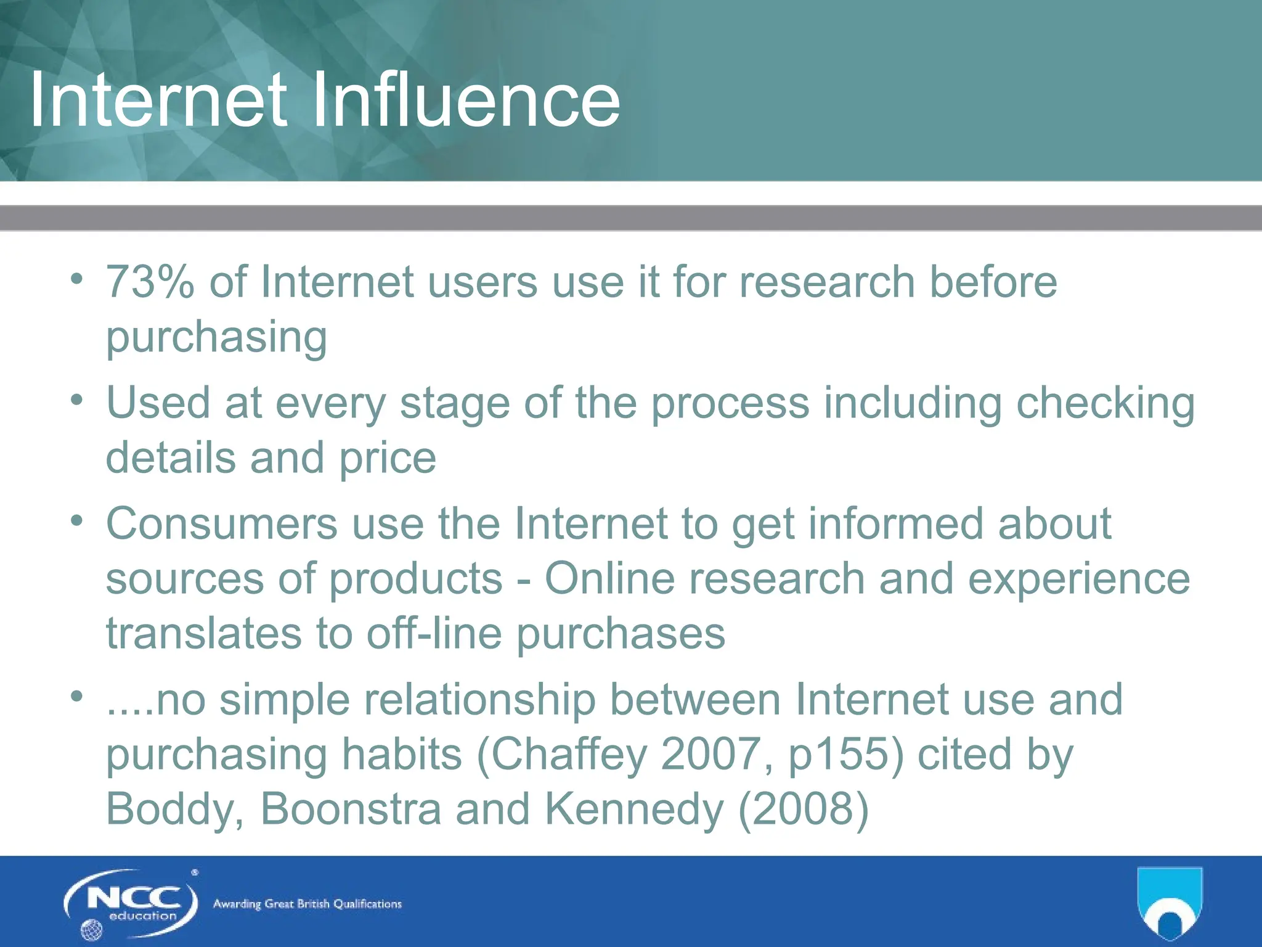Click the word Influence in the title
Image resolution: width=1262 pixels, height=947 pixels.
click(x=466, y=100)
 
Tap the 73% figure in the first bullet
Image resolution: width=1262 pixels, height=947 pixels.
click(x=150, y=282)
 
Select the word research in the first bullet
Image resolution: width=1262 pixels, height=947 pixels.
click(x=827, y=282)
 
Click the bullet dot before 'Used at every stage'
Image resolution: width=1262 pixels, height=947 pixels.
click(x=76, y=401)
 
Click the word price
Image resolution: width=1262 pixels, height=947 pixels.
click(x=388, y=459)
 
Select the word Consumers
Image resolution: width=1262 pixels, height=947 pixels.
click(x=221, y=524)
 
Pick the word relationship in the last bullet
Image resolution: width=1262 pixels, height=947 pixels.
click(x=479, y=700)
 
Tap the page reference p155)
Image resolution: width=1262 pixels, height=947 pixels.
click(x=846, y=755)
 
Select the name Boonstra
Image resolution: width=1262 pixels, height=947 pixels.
click(x=350, y=809)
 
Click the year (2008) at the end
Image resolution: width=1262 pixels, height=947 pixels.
click(x=803, y=809)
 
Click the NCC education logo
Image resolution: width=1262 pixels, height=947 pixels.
click(x=131, y=903)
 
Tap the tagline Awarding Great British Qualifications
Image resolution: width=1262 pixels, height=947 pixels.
click(x=307, y=904)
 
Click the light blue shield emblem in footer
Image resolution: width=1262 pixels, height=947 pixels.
click(x=1169, y=901)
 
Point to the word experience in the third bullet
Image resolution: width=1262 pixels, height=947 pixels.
click(x=1078, y=580)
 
